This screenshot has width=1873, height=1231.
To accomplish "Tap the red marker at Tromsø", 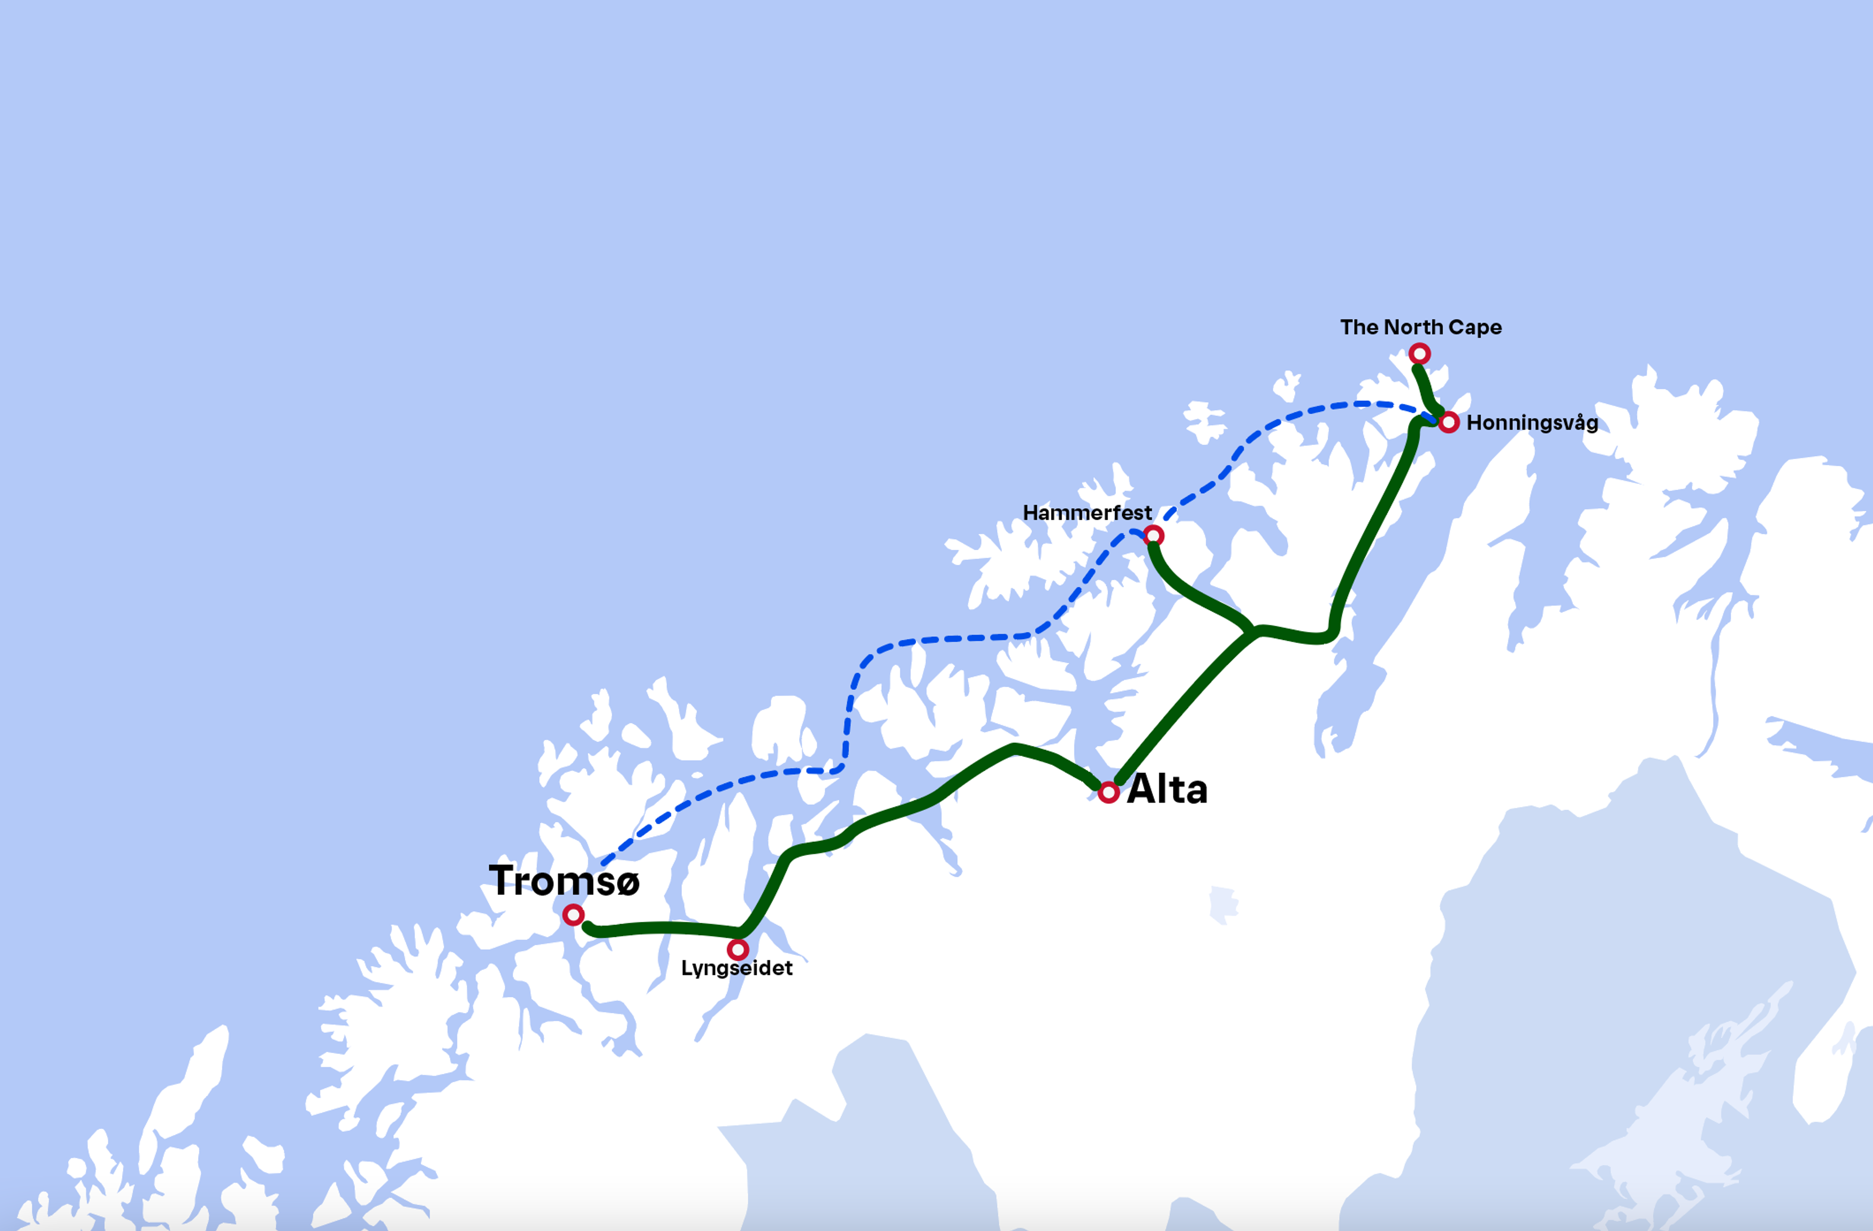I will coord(573,914).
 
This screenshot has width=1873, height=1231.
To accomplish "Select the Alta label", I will coord(1167,790).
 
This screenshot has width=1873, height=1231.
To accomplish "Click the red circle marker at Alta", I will coord(1109,793).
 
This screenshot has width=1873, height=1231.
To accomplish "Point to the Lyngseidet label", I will coord(737,968).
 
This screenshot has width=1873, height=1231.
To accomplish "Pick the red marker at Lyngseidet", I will coord(737,949).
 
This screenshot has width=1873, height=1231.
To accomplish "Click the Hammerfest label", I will coord(1087,513).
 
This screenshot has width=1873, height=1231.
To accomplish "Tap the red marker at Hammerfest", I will coord(1154,536).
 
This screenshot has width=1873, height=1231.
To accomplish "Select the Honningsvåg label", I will coord(1532,423).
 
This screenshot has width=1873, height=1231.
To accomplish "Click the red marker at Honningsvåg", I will coord(1449,423).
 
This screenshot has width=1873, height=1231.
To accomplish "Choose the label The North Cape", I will coord(1420,327).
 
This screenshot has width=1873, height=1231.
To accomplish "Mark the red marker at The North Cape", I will coord(1419,354).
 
